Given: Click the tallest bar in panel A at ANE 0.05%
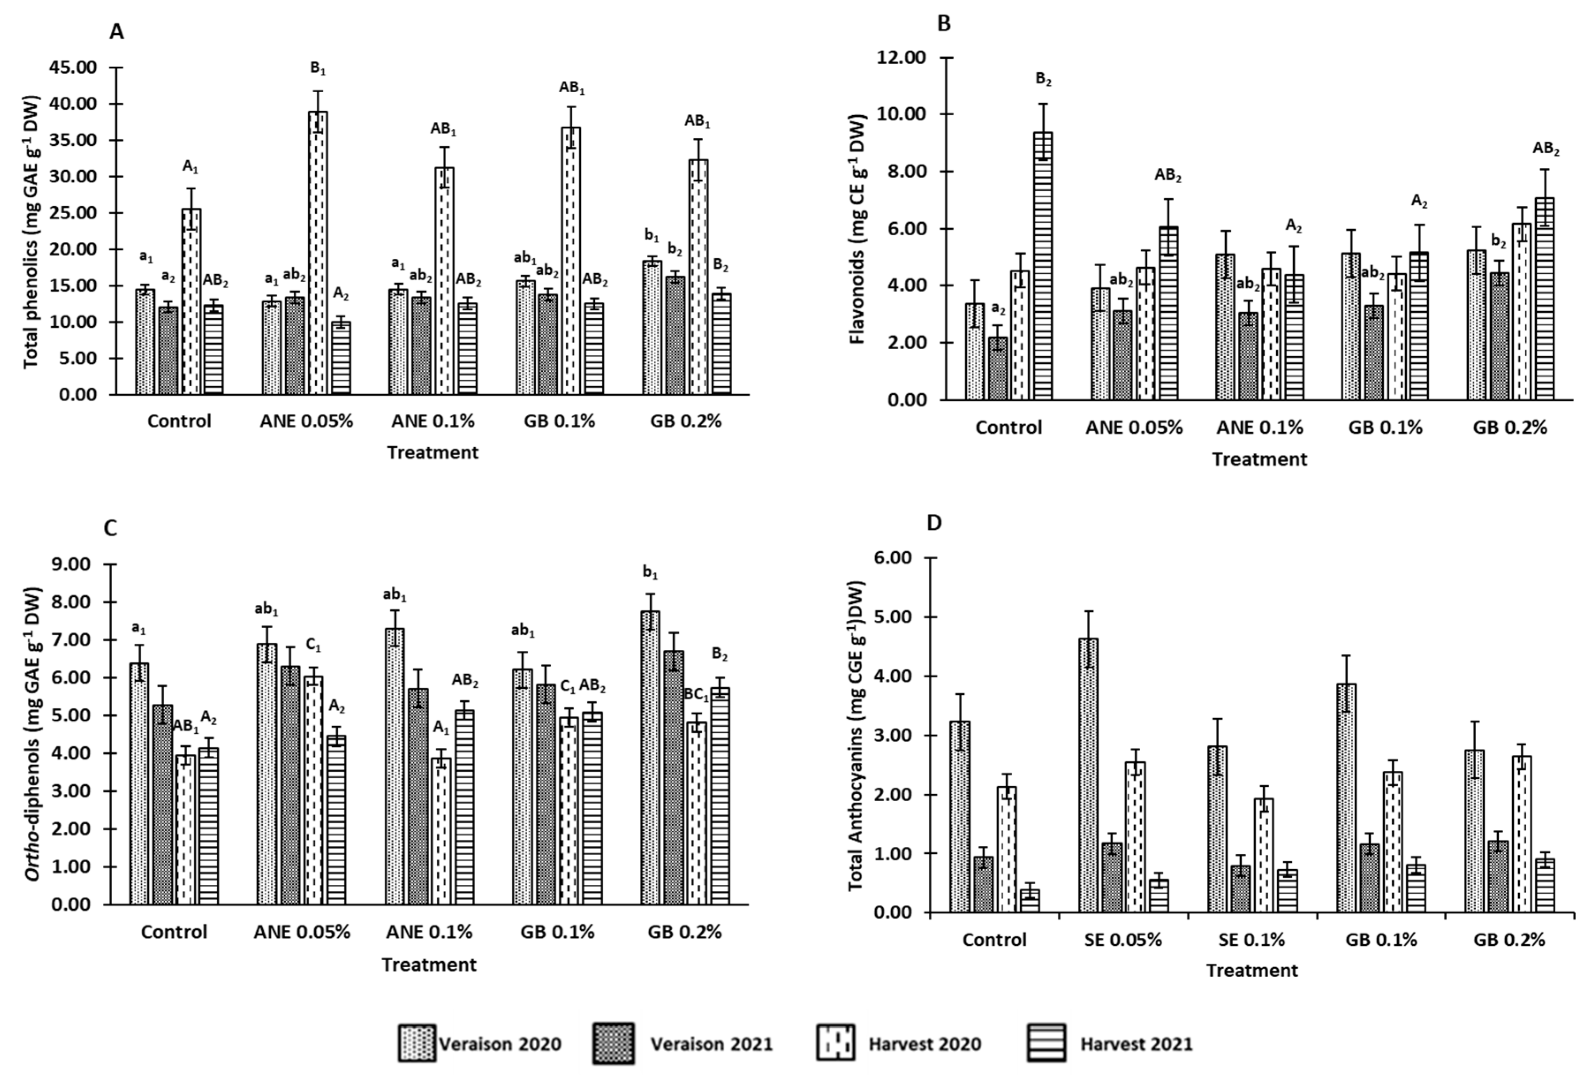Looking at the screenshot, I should tap(317, 253).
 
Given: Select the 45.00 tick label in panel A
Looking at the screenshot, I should tap(72, 68).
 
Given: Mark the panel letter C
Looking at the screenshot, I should tap(110, 528).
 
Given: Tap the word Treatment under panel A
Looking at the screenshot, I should tap(432, 453).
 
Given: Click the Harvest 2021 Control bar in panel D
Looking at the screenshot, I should tap(1029, 901).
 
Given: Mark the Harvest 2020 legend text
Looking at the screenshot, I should tap(924, 1044).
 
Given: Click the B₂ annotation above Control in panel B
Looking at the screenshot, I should tap(1043, 80).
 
